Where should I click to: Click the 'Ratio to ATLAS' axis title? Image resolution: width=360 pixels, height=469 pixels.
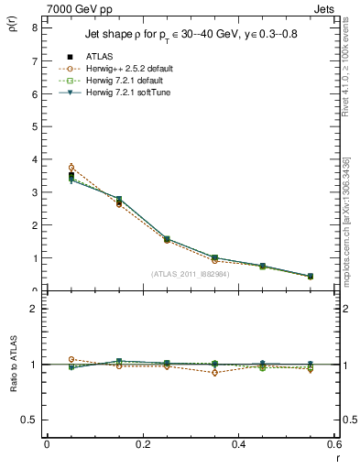(x=12, y=365)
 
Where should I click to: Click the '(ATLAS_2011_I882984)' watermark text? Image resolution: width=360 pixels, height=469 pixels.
(x=190, y=273)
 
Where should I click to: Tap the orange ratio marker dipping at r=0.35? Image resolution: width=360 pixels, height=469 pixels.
(x=214, y=373)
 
